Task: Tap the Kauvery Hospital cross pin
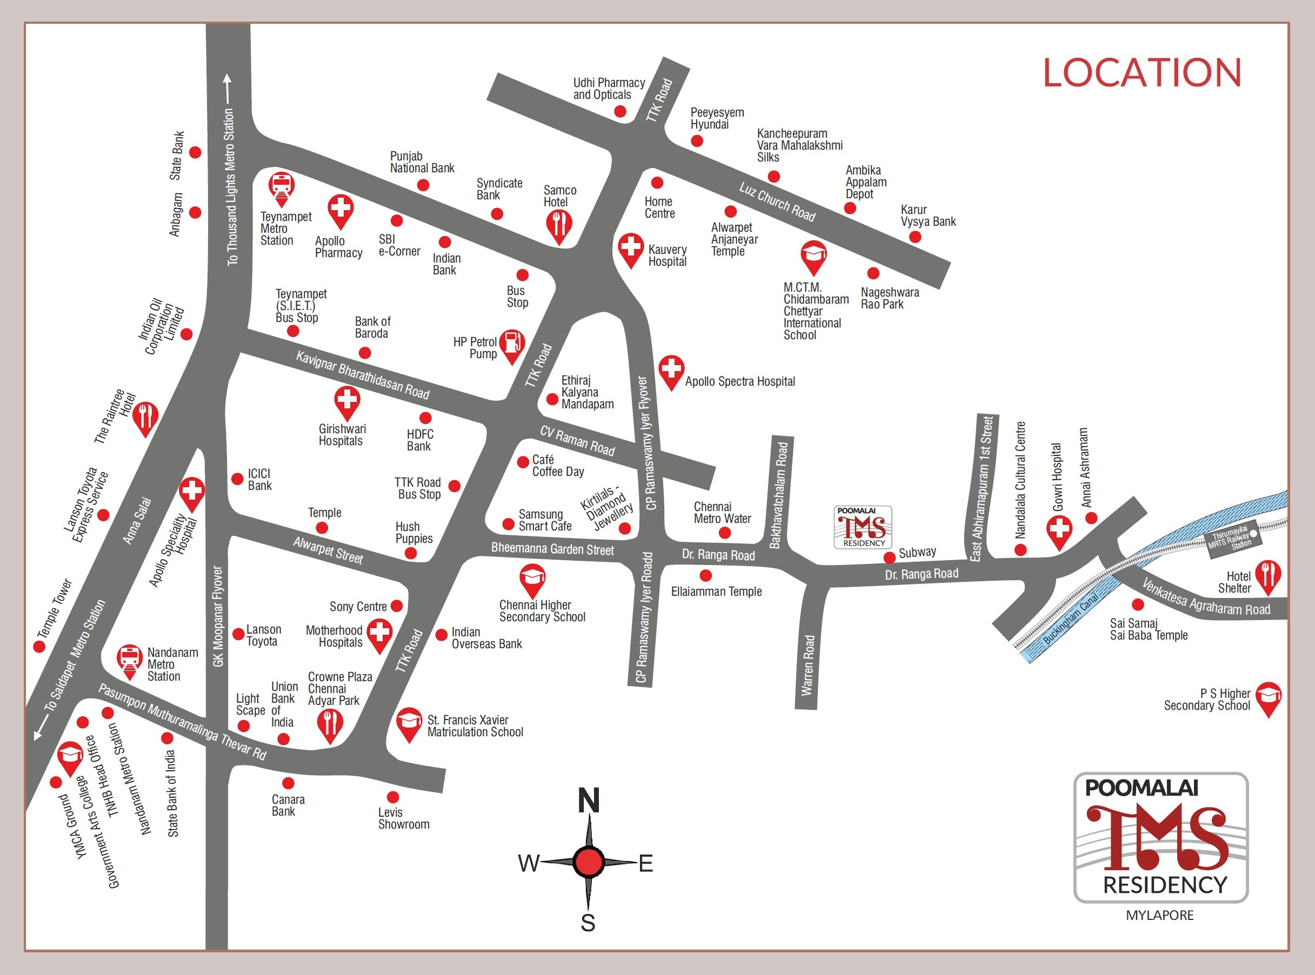click(x=630, y=247)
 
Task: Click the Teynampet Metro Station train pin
click(x=281, y=186)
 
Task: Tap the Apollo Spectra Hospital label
click(x=739, y=381)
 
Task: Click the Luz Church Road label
click(x=777, y=202)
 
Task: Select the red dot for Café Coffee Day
click(x=523, y=461)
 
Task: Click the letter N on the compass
click(x=588, y=801)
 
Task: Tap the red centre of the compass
click(x=588, y=862)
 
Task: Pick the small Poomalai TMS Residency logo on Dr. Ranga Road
click(x=863, y=527)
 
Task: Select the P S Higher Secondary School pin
click(x=1268, y=697)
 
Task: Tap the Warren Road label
click(x=808, y=665)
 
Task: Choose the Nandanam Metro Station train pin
click(x=129, y=659)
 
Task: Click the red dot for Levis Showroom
click(x=393, y=797)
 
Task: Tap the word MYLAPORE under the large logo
click(x=1159, y=915)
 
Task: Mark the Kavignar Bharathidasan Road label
click(x=363, y=375)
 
